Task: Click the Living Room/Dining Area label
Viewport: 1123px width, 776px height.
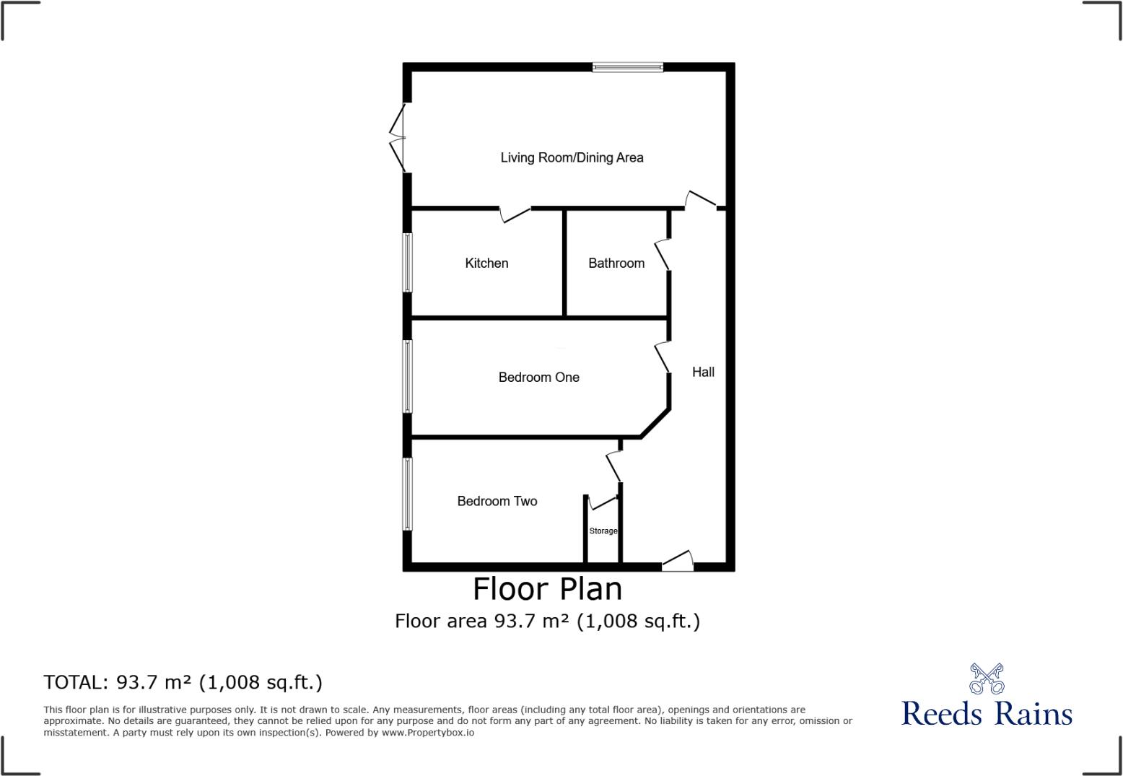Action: click(x=572, y=157)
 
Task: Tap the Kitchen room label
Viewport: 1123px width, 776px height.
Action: click(x=486, y=263)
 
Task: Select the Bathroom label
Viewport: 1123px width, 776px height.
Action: click(x=616, y=263)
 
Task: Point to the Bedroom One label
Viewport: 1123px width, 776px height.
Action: click(x=538, y=378)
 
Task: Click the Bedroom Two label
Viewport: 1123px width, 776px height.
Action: click(x=497, y=501)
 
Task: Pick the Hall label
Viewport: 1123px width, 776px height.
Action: click(x=703, y=372)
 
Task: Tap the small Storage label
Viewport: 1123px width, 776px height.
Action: click(x=603, y=531)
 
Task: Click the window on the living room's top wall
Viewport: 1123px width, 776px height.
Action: click(x=627, y=67)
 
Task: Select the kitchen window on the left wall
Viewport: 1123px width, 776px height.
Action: click(x=407, y=263)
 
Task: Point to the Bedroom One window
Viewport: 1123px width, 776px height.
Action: click(x=407, y=377)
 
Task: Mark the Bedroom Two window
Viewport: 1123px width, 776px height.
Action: click(x=407, y=494)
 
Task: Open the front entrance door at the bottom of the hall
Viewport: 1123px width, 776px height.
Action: click(x=678, y=562)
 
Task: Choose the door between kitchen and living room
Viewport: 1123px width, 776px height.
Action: click(x=515, y=214)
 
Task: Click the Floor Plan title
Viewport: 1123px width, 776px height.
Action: click(x=547, y=589)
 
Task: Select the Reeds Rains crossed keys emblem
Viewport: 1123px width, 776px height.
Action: click(x=987, y=679)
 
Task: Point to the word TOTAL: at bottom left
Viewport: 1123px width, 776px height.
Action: click(x=75, y=682)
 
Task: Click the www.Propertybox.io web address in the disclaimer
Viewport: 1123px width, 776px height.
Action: click(x=427, y=733)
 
